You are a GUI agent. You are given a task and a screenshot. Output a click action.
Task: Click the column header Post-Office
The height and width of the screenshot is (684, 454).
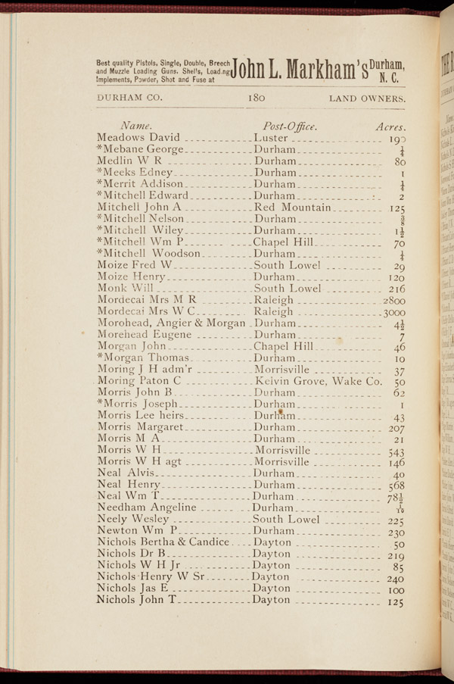(x=288, y=125)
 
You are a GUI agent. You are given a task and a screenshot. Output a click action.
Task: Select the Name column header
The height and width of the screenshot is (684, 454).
(x=136, y=125)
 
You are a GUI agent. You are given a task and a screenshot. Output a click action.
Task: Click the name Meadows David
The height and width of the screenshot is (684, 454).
(x=138, y=138)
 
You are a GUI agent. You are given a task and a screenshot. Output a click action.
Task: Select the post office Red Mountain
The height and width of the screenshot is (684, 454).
(x=293, y=207)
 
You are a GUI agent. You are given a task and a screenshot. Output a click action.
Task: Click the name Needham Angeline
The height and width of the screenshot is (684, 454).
(x=147, y=507)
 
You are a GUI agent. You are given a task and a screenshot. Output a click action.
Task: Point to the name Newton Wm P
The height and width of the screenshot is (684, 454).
(x=137, y=531)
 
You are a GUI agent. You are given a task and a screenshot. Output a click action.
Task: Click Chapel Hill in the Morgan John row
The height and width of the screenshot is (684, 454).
(x=283, y=346)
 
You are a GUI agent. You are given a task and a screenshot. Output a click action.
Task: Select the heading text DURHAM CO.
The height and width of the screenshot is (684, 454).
(x=130, y=98)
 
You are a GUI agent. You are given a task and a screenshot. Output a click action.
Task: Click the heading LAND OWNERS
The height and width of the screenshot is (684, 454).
(x=367, y=98)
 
